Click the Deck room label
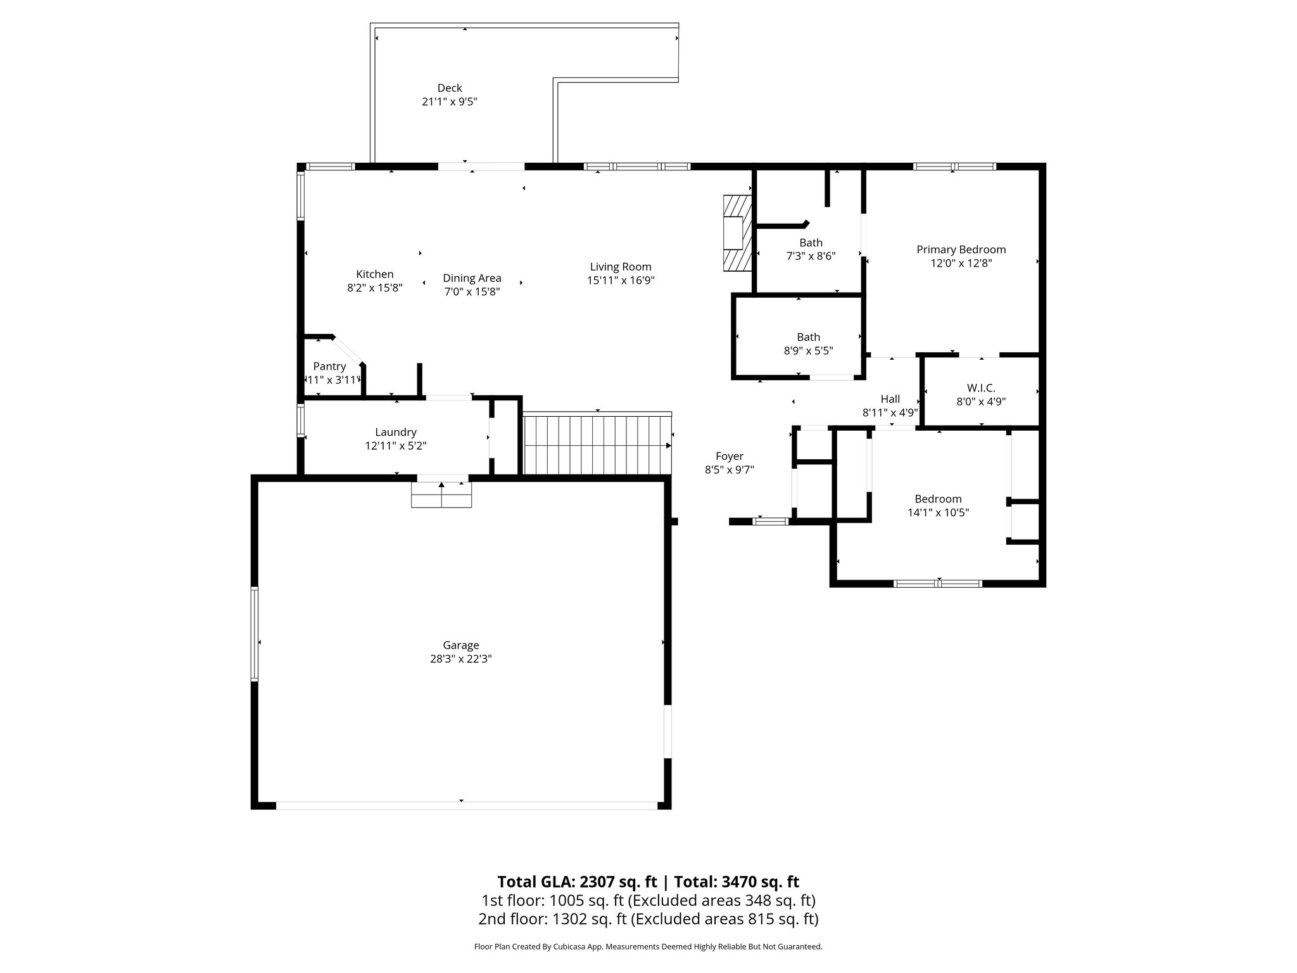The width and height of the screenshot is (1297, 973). pos(450,88)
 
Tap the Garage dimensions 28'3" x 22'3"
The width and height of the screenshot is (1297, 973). pos(460,659)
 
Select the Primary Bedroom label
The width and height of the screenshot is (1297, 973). pos(961,250)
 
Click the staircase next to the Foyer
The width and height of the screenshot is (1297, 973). pos(597,445)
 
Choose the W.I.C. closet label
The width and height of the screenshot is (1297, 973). pos(981,388)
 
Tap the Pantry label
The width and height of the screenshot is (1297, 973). pos(329,366)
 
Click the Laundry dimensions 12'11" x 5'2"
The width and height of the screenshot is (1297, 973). pos(395,446)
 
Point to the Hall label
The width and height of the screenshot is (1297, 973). pos(890,399)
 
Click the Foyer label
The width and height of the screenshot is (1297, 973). pos(729,456)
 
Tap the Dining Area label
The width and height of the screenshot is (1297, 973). pos(472,278)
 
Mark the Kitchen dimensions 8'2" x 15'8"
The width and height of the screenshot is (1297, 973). pos(374,288)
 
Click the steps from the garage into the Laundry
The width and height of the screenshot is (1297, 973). pos(441,494)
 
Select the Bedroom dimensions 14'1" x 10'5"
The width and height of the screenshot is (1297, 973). pos(938,512)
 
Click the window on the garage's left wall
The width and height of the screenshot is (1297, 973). pos(255,633)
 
